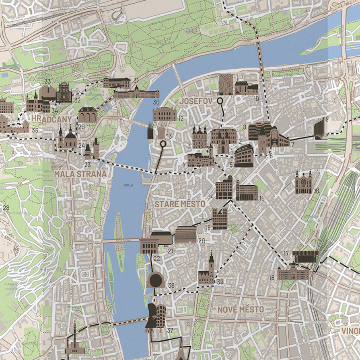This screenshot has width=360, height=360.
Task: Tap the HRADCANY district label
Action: (51, 119)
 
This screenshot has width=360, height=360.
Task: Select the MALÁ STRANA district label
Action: (80, 174)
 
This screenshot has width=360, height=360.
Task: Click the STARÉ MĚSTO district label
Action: (180, 204)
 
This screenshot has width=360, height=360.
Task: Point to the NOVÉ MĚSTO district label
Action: (241, 309)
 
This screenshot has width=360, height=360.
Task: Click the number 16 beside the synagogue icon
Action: (316, 191)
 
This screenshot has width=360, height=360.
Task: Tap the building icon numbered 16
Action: (304, 183)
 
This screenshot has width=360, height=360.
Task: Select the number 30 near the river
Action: (156, 102)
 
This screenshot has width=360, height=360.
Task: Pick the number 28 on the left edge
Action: (6, 208)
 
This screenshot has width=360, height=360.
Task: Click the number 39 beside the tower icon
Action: (220, 282)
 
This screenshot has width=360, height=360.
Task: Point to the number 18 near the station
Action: (272, 278)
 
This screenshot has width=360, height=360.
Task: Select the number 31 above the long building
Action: (136, 80)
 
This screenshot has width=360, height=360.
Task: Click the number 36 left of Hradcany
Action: (35, 130)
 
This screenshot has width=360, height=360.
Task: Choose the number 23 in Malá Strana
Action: (87, 164)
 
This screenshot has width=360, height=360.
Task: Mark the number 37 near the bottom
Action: (170, 331)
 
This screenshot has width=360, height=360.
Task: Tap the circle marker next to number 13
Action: (163, 143)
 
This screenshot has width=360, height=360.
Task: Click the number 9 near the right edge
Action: (327, 119)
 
